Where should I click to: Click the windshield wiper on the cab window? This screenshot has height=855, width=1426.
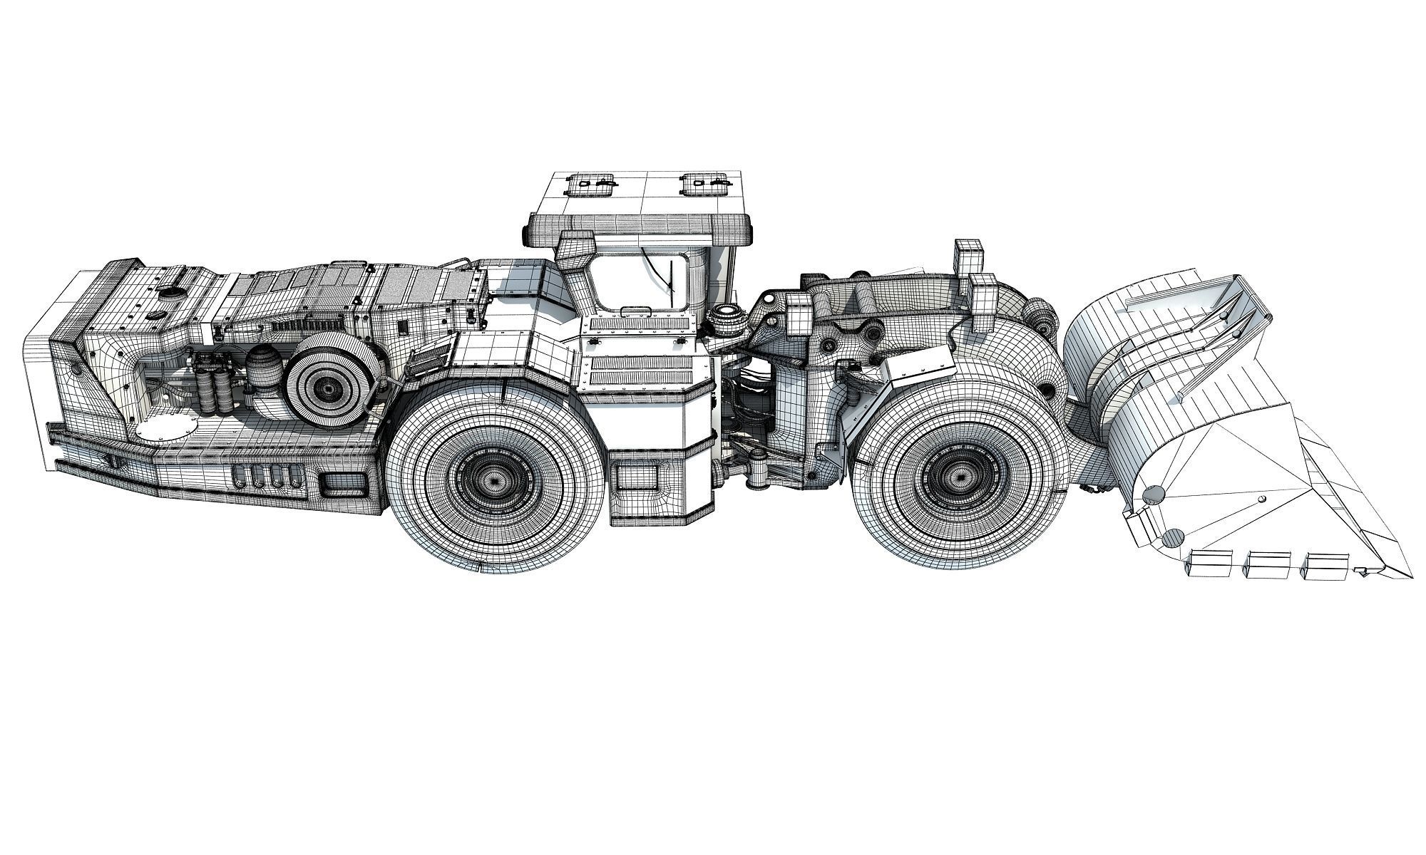pos(668,278)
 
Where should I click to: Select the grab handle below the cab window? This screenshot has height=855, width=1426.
pos(636,311)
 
